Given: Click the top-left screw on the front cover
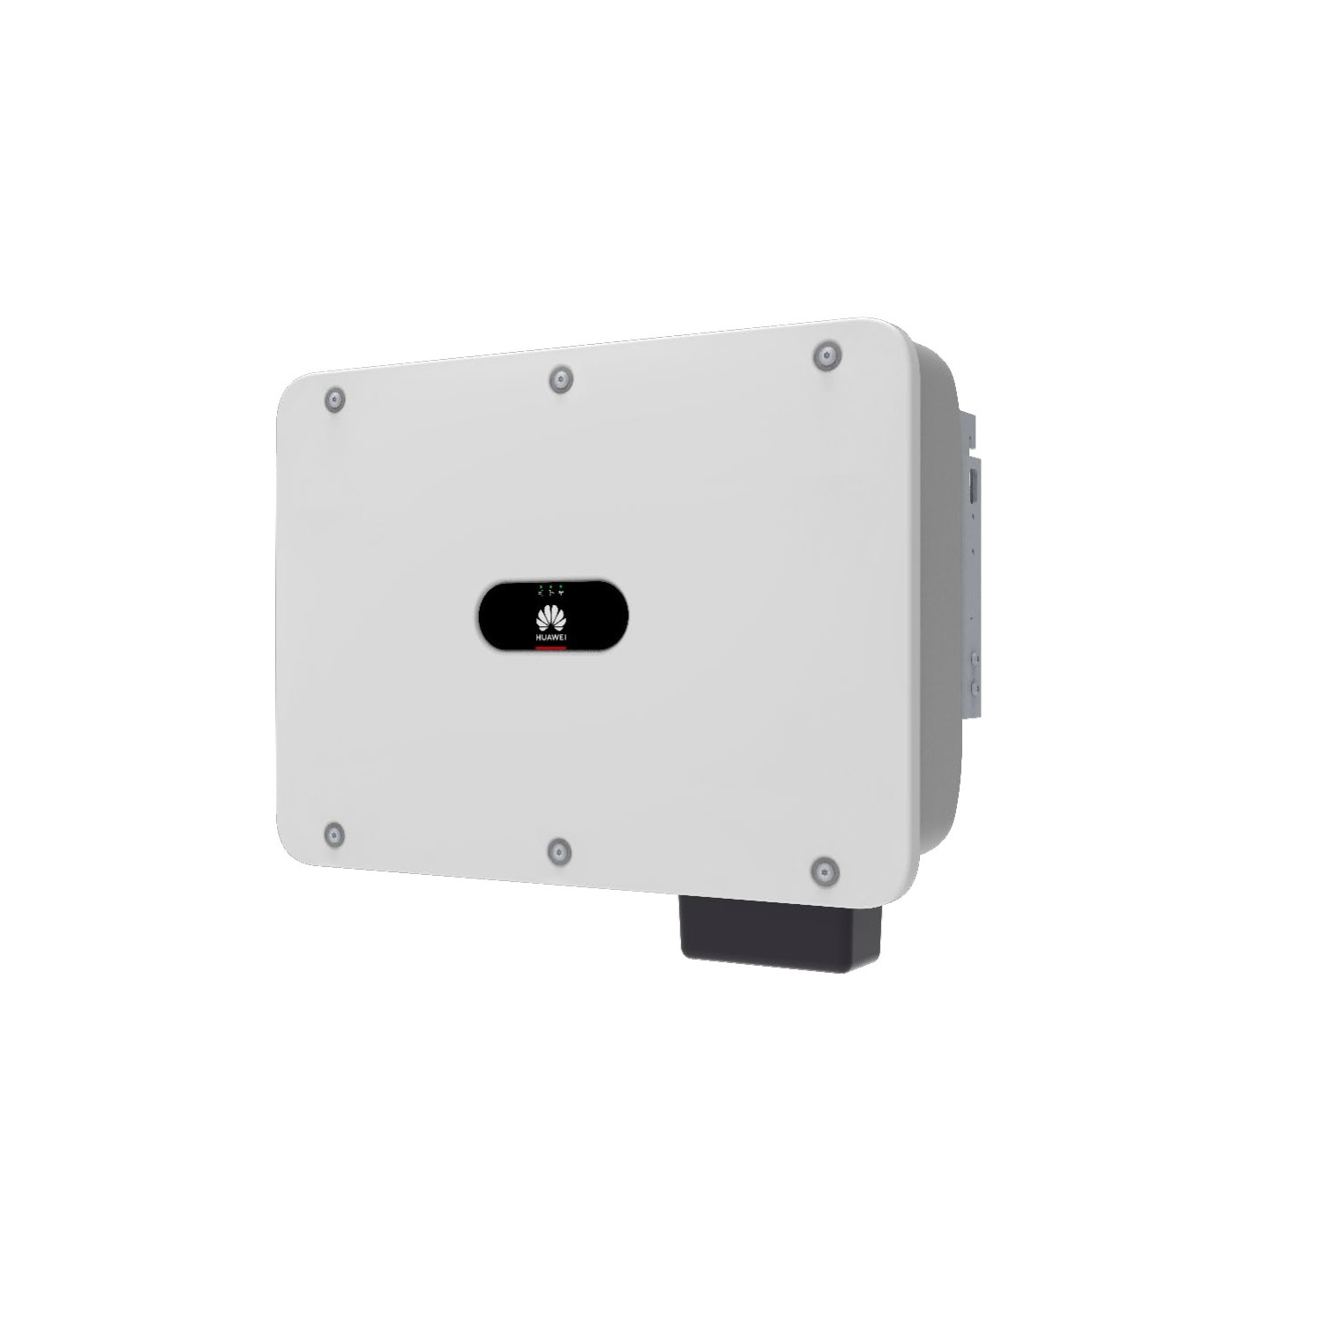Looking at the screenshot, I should click(334, 399).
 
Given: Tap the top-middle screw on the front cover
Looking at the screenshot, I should click(560, 380).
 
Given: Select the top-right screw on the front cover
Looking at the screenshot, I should click(826, 356).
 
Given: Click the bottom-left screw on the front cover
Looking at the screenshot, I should click(334, 833).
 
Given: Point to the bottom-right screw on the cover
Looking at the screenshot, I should click(824, 871).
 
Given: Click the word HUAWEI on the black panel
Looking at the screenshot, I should click(552, 636).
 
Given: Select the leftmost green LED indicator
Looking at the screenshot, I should click(541, 586).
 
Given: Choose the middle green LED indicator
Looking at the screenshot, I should click(550, 586).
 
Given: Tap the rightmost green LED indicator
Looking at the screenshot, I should click(561, 586).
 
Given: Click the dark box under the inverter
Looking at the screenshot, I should click(781, 935).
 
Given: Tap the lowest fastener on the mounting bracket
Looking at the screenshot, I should click(975, 686).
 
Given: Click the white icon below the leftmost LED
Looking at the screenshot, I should click(541, 594).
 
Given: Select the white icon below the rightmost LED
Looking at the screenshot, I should click(561, 594).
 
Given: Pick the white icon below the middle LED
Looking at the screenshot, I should click(550, 594).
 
